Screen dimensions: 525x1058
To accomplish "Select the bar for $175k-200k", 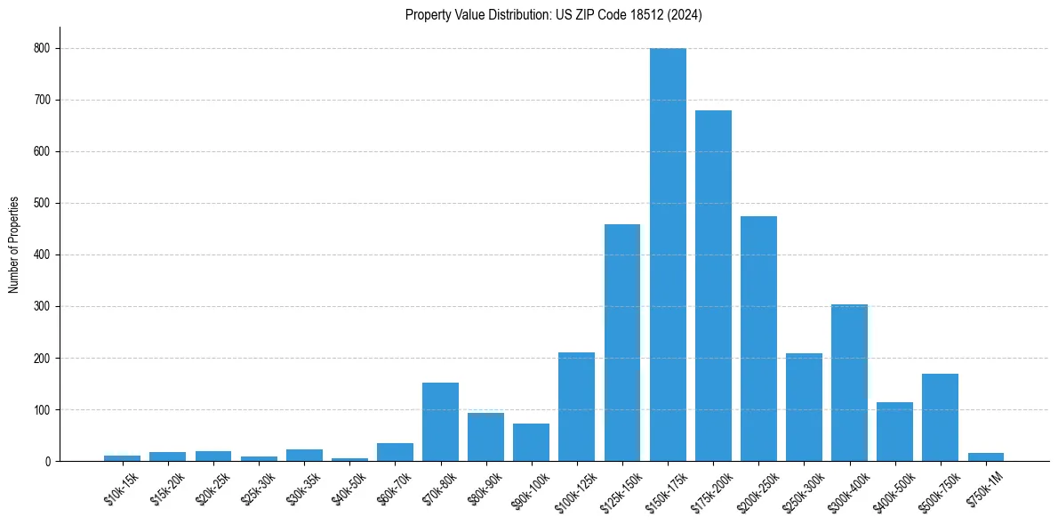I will (x=713, y=286).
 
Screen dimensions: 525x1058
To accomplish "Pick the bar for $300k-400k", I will (x=849, y=383).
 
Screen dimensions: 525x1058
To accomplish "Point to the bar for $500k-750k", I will (x=940, y=417).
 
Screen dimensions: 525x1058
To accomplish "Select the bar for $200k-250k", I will (x=758, y=339).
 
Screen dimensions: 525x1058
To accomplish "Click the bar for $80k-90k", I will (x=485, y=437).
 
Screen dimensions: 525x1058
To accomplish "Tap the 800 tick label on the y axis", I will (x=41, y=49).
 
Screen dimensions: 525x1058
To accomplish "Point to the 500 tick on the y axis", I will (x=41, y=204).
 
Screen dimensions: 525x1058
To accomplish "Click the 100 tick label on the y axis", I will (x=41, y=410).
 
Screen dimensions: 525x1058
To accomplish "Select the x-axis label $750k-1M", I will (x=983, y=487).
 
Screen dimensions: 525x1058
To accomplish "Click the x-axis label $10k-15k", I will (x=121, y=489).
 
